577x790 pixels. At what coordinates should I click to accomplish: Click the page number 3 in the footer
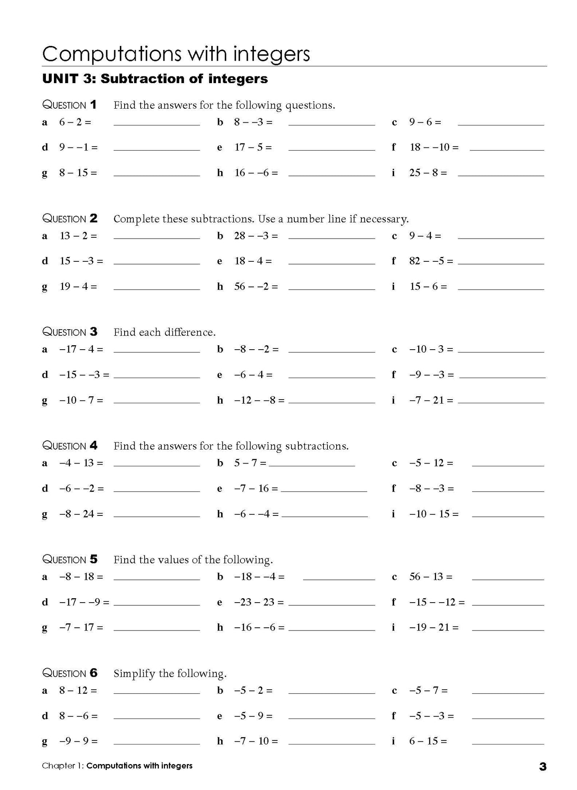tap(543, 766)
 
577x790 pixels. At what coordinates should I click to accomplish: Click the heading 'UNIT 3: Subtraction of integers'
tap(155, 79)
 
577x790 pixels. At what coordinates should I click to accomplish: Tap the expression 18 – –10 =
tap(434, 147)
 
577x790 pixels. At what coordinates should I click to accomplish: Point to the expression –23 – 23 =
tap(259, 602)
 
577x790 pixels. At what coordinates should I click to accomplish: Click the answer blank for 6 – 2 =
tap(157, 124)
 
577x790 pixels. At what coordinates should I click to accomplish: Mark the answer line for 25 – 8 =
tap(501, 175)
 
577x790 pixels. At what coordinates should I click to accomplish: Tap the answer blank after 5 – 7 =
tap(312, 465)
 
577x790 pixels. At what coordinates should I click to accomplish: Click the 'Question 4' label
tap(70, 446)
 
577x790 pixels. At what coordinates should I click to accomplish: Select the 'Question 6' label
tap(70, 673)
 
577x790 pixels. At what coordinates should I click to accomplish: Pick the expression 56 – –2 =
tap(256, 287)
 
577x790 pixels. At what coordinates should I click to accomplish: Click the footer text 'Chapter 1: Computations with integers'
tap(117, 766)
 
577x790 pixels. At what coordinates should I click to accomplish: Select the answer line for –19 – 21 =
tap(508, 630)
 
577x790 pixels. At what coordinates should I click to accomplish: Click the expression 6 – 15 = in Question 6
tap(428, 741)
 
